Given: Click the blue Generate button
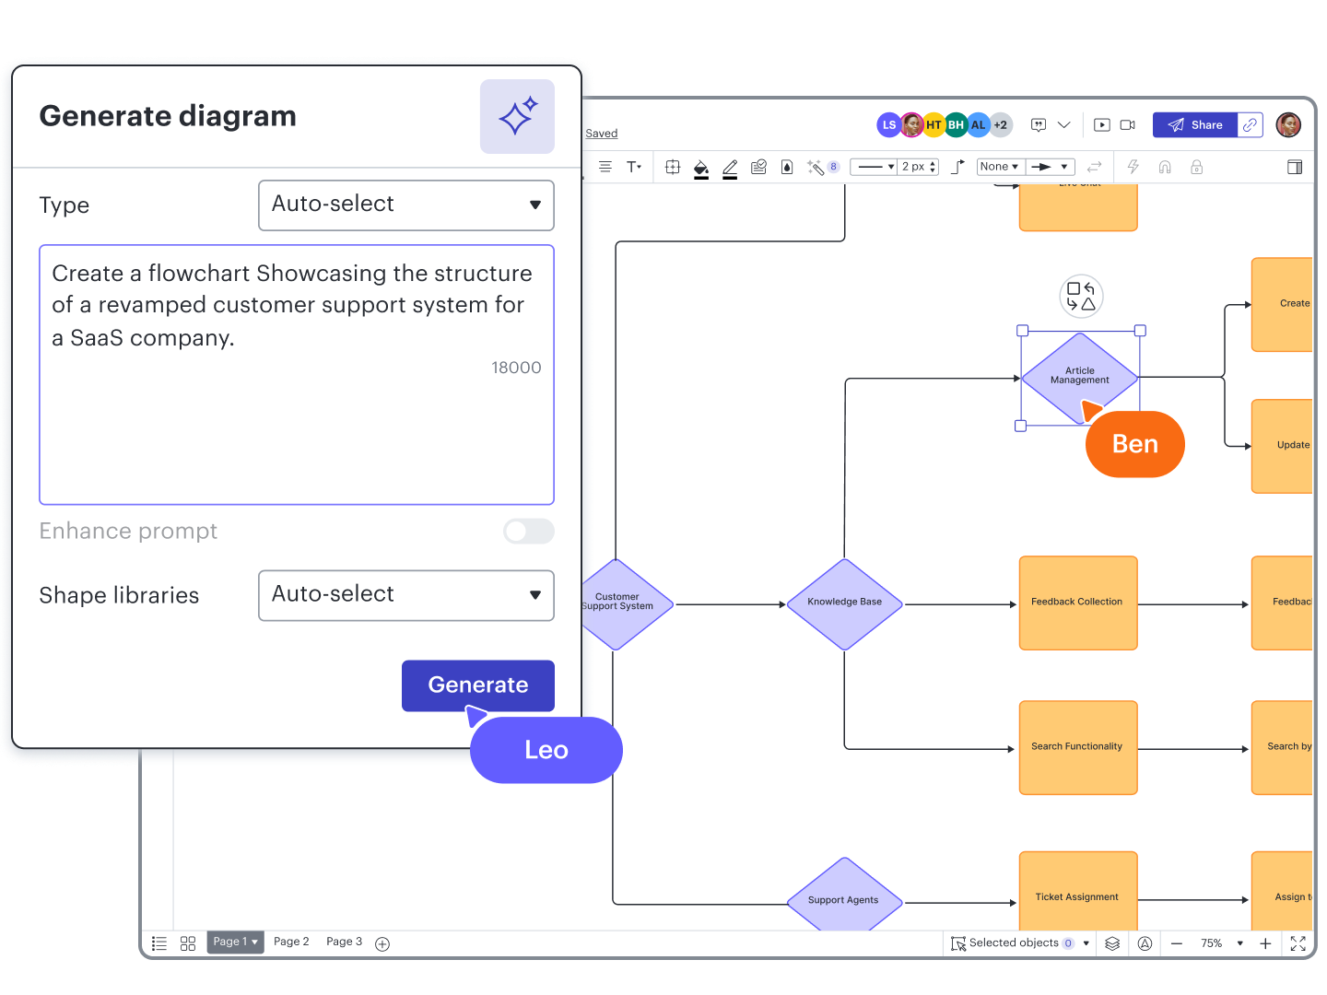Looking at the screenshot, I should pyautogui.click(x=477, y=685).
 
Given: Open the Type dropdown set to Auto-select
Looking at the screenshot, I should pyautogui.click(x=405, y=205).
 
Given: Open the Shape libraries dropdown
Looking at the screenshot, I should pyautogui.click(x=405, y=595).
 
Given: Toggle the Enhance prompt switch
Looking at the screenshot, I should pyautogui.click(x=528, y=532).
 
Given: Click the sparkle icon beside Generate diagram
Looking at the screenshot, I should pyautogui.click(x=517, y=116).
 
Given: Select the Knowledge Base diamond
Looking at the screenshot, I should pyautogui.click(x=844, y=603).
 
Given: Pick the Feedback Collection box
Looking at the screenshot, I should pyautogui.click(x=1077, y=603).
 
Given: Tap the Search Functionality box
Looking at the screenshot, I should pyautogui.click(x=1077, y=747).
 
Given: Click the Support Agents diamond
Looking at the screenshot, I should pyautogui.click(x=843, y=899).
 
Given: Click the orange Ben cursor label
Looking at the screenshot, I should pyautogui.click(x=1134, y=444).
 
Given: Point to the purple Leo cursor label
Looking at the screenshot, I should pyautogui.click(x=546, y=750).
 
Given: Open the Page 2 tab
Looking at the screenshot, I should pyautogui.click(x=291, y=942).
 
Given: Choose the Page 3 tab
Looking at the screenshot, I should pyautogui.click(x=344, y=942).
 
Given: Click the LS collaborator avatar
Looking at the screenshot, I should pyautogui.click(x=887, y=125).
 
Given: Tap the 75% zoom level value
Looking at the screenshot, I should pyautogui.click(x=1211, y=943).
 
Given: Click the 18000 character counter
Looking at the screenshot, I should pyautogui.click(x=516, y=368).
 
